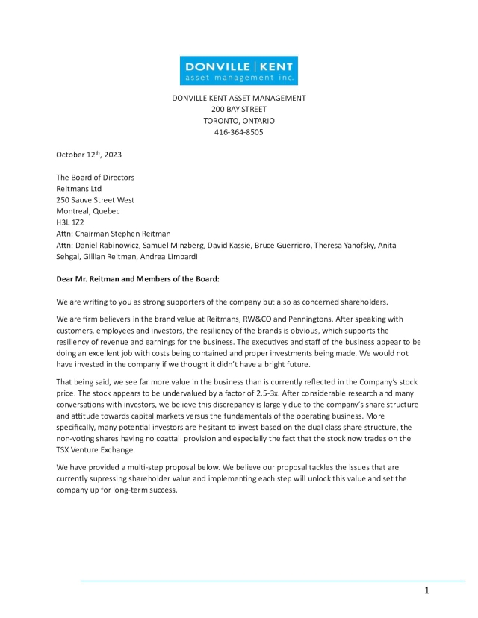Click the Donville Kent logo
tap(239, 71)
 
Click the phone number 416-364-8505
tap(239, 132)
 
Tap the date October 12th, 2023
tap(89, 154)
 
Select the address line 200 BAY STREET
tap(239, 109)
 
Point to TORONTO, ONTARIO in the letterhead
tap(239, 121)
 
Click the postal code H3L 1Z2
tap(72, 222)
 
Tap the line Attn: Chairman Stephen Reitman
tap(114, 234)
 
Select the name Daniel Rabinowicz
tap(110, 245)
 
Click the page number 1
tap(426, 591)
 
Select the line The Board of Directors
tap(96, 178)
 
